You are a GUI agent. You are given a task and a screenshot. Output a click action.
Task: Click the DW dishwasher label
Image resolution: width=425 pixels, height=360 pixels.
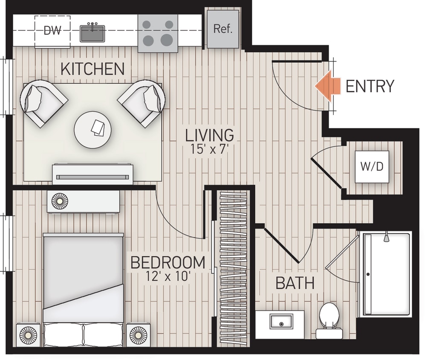click(52, 30)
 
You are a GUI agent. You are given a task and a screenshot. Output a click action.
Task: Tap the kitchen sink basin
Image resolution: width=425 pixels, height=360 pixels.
click(93, 33)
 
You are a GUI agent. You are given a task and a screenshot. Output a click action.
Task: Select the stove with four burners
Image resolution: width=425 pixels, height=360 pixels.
click(157, 33)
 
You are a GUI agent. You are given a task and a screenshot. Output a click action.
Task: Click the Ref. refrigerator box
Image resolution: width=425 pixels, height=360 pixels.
click(223, 29)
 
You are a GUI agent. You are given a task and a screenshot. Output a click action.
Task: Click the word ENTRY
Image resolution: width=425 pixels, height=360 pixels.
click(369, 87)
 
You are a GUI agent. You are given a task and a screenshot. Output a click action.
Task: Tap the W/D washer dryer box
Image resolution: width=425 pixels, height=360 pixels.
click(372, 166)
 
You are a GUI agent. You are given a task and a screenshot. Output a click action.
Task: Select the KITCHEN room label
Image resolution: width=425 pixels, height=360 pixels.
click(93, 69)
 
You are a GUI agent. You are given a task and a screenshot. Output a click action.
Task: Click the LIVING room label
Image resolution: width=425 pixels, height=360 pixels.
click(209, 135)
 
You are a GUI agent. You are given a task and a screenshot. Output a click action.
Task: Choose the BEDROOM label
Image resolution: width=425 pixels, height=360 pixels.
click(168, 262)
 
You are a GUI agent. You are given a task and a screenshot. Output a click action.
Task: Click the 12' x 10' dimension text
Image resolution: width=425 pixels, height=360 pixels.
click(168, 277)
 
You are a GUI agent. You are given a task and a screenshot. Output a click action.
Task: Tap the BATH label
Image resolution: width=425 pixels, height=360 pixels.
click(295, 283)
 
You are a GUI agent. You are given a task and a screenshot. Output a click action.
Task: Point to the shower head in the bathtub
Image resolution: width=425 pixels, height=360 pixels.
click(386, 237)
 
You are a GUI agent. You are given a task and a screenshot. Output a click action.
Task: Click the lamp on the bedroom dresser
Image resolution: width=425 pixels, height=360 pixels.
click(60, 201)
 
